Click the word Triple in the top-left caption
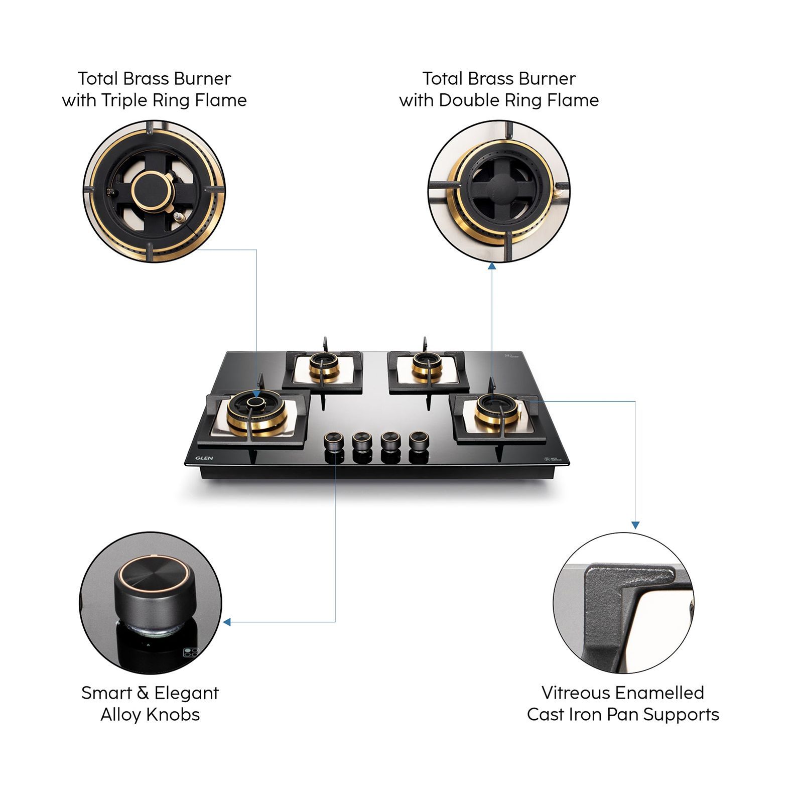pos(125,100)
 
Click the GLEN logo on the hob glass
pos(204,458)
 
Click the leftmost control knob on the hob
pos(333,441)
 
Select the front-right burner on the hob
pos(497,408)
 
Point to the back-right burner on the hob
pos(427,365)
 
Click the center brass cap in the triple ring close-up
pos(151,192)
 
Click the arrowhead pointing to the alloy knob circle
pos(227,622)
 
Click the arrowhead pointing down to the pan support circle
pos(635,525)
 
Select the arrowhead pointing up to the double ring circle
pos(492,266)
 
